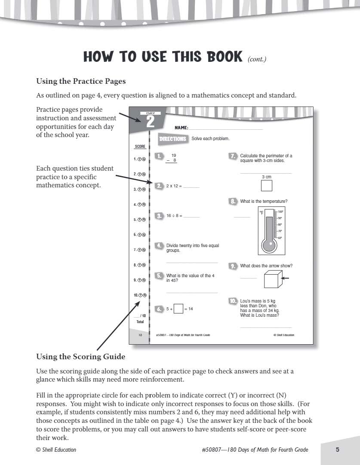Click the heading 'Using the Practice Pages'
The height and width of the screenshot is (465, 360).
point(81,81)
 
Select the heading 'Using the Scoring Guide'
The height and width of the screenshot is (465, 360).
point(80,356)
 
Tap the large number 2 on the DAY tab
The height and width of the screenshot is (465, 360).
point(150,122)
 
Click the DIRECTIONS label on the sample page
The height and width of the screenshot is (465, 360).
point(172,139)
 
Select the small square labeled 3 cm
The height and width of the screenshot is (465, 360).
point(266,185)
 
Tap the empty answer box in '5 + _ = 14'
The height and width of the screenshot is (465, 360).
point(178,309)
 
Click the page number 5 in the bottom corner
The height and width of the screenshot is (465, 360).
point(338,450)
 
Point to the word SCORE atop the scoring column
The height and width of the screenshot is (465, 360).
point(140,147)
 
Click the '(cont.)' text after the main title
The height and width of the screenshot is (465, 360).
point(257,59)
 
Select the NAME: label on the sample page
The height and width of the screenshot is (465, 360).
point(181,128)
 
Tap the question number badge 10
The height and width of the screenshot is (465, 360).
point(233,301)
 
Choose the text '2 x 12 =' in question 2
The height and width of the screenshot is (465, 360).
point(174,186)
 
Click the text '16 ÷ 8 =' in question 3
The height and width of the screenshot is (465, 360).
point(174,216)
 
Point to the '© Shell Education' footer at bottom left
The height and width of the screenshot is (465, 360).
point(56,450)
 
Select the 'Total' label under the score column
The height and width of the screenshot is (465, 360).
point(140,321)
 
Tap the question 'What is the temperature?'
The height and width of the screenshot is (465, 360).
point(264,201)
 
